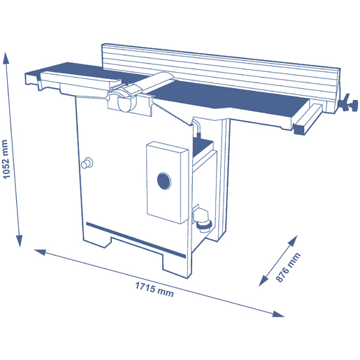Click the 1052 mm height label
pos(6,159)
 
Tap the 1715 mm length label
pos(154,289)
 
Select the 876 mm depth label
pos(288,267)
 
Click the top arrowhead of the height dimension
pos(6,58)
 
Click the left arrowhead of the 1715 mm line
pos(40,252)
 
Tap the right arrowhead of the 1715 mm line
pos(278,314)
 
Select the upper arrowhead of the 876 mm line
pos(293,240)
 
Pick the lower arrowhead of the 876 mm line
pos(264,280)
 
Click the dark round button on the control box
pos(164,181)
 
